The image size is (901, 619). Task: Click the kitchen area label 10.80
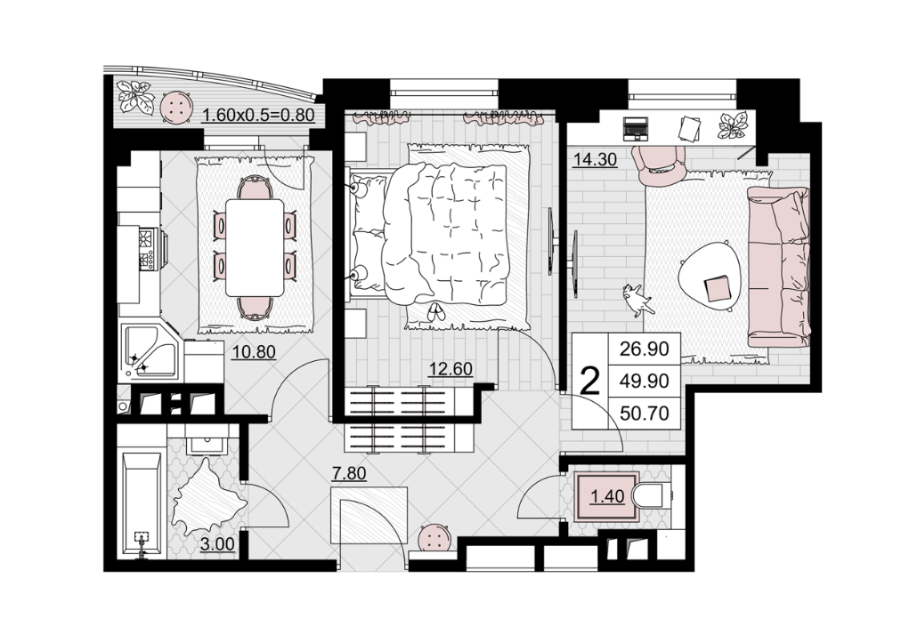tap(254, 351)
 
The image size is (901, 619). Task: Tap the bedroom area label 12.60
tap(451, 369)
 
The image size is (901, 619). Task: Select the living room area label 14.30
tap(596, 158)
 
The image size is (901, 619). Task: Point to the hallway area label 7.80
tap(349, 474)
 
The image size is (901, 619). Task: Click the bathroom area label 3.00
tap(218, 543)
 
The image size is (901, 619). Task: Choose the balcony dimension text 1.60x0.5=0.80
tap(258, 115)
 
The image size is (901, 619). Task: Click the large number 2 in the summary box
tap(590, 382)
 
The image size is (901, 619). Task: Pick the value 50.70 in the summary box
tap(645, 413)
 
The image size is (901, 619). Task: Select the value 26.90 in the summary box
tap(645, 349)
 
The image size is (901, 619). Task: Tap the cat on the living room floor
tap(637, 300)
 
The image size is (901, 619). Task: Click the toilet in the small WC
tap(650, 495)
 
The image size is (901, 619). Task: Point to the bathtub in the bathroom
tap(142, 505)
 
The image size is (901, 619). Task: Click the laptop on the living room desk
tap(636, 129)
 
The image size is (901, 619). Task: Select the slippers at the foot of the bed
tap(435, 312)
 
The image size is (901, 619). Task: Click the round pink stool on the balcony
tap(175, 108)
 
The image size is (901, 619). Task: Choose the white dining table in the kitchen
tap(255, 247)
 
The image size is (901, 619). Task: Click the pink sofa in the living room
tap(779, 267)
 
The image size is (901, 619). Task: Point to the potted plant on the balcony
tap(135, 97)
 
